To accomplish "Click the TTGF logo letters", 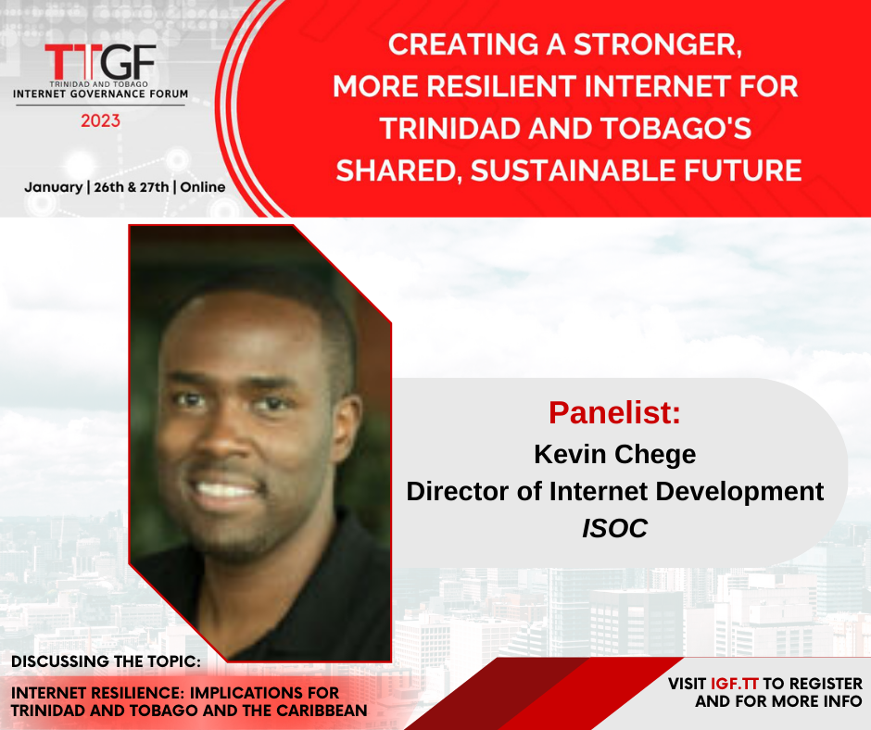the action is pyautogui.click(x=101, y=62).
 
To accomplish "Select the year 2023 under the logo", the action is pyautogui.click(x=101, y=120).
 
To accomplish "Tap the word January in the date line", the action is pyautogui.click(x=54, y=187).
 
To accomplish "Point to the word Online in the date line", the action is pyautogui.click(x=203, y=187).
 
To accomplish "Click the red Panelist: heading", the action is pyautogui.click(x=614, y=413).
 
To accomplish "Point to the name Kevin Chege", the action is pyautogui.click(x=615, y=455).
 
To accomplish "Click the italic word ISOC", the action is pyautogui.click(x=615, y=528).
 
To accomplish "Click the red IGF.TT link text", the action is pyautogui.click(x=735, y=684).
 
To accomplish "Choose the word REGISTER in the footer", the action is pyautogui.click(x=826, y=684).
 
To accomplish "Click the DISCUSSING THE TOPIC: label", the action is pyautogui.click(x=107, y=661).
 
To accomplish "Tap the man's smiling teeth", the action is pyautogui.click(x=225, y=490).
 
